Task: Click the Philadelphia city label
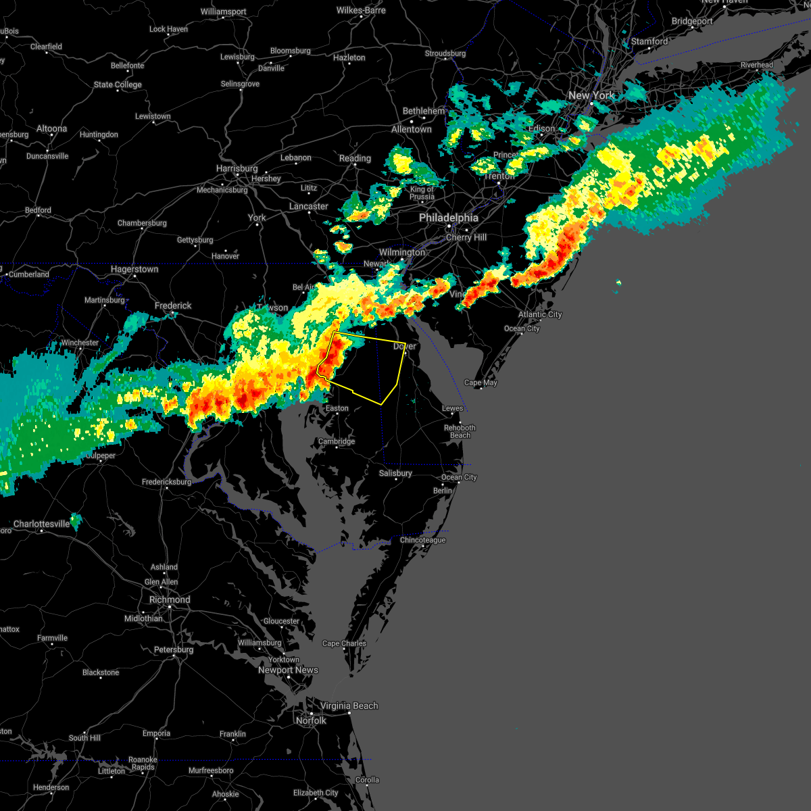[448, 218]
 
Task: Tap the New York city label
[591, 95]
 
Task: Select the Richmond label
[170, 599]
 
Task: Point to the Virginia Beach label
[349, 706]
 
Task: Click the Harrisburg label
[237, 168]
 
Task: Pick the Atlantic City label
[540, 314]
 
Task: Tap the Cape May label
[481, 383]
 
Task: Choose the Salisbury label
[395, 473]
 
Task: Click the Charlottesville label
[41, 524]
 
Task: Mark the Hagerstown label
[134, 269]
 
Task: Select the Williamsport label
[223, 12]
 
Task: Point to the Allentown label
[411, 129]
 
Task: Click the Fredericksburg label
[167, 482]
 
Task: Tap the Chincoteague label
[422, 540]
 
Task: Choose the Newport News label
[288, 670]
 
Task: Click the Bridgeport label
[692, 21]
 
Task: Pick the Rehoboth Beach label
[460, 431]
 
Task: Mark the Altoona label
[52, 128]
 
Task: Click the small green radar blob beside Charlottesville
[76, 521]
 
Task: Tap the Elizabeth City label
[316, 793]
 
